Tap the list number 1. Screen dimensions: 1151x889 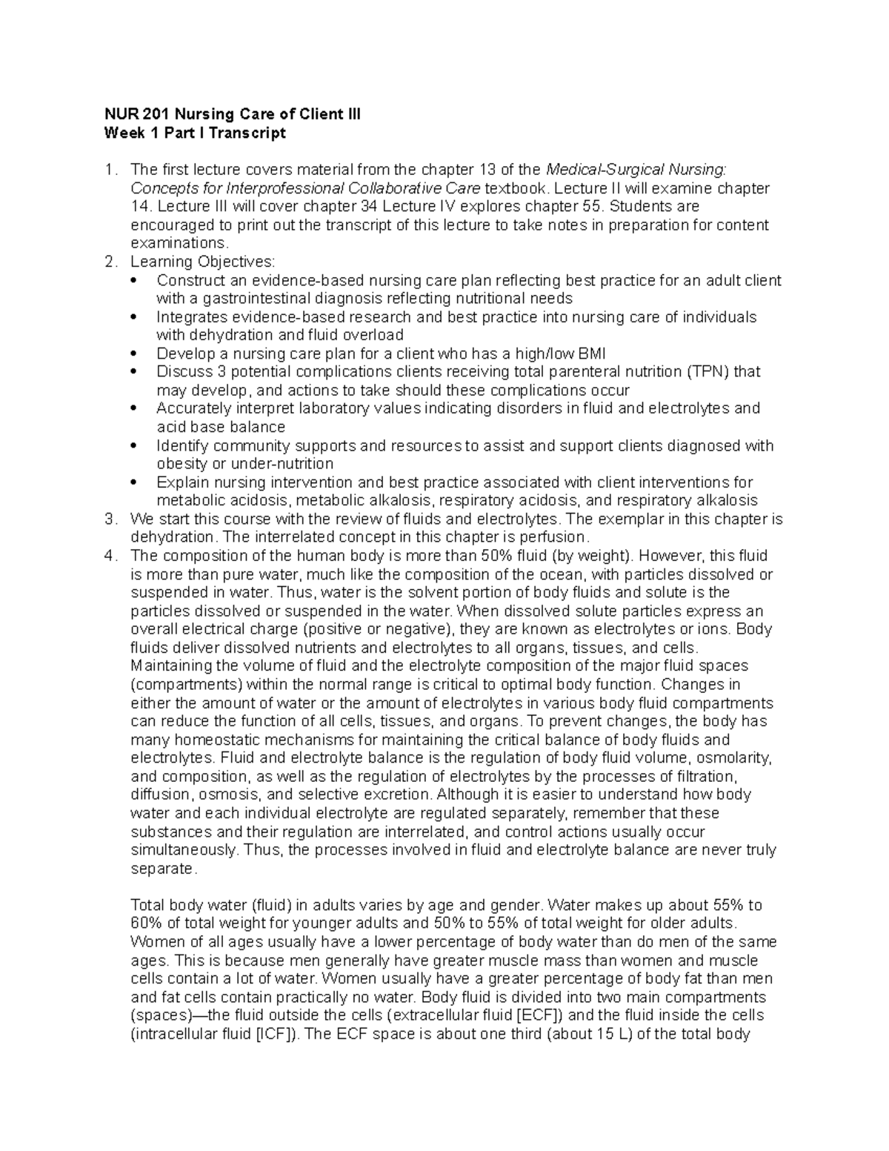pyautogui.click(x=110, y=170)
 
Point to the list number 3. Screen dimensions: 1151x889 pyautogui.click(x=110, y=519)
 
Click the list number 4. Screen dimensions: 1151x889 pyautogui.click(x=110, y=556)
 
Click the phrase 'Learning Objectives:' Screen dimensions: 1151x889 pyautogui.click(x=202, y=262)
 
